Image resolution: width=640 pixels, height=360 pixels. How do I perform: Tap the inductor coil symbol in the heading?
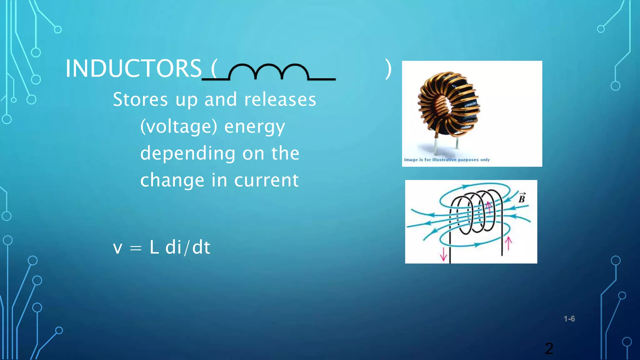click(269, 72)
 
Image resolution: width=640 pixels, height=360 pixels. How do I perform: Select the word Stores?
click(140, 99)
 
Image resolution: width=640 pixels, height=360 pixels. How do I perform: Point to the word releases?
click(280, 99)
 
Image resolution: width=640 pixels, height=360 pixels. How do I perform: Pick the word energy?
click(254, 127)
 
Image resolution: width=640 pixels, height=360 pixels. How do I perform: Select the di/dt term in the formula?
click(187, 247)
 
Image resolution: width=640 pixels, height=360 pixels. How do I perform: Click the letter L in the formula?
click(154, 247)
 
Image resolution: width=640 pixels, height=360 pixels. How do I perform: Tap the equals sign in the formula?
click(136, 248)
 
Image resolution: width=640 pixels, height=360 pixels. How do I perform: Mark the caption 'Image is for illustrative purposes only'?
click(447, 160)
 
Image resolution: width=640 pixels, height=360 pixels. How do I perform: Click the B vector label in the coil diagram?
click(522, 198)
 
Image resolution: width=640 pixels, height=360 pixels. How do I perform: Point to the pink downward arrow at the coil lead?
click(443, 254)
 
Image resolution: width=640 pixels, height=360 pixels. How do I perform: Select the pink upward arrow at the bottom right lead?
click(508, 243)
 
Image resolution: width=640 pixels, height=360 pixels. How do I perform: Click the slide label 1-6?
click(569, 319)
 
